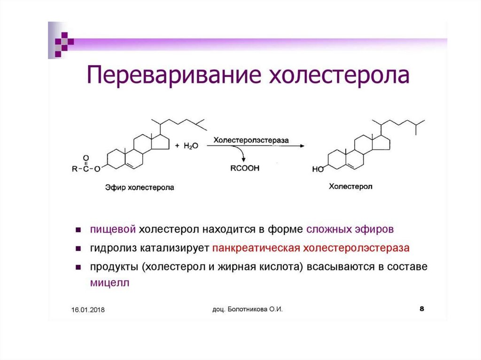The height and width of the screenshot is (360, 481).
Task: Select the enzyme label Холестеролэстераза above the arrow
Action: coord(251,140)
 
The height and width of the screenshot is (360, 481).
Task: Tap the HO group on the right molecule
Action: coord(318,169)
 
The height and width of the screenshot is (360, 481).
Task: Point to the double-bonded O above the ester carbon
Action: coord(86,158)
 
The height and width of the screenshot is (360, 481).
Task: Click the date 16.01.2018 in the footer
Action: coord(88,310)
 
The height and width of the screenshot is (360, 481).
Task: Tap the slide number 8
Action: coord(421,309)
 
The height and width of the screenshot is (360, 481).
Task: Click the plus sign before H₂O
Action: coord(177,146)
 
